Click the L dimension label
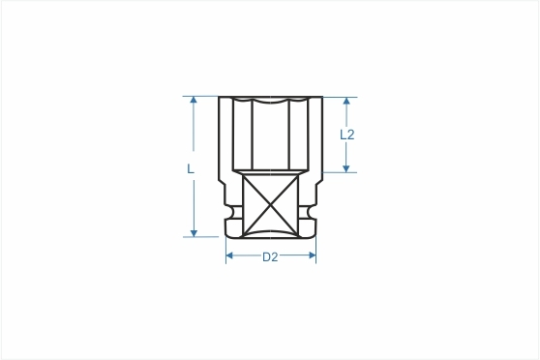(190, 168)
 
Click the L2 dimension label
(347, 135)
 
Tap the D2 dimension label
(270, 257)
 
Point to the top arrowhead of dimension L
(194, 100)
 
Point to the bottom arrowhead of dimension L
(194, 233)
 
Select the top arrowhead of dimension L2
(346, 101)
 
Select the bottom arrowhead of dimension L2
(346, 168)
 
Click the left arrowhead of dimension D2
(229, 255)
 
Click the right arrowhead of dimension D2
(313, 255)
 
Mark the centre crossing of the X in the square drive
(271, 205)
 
